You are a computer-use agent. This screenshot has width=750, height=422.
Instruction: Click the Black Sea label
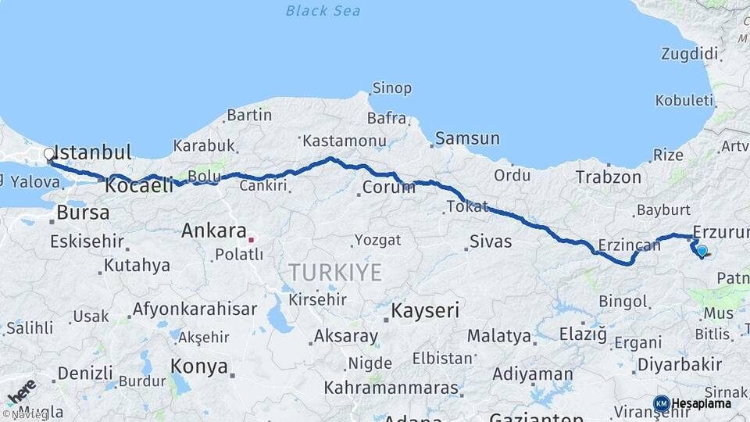tap(323, 11)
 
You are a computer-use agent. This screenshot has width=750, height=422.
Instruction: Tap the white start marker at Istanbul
tap(48, 155)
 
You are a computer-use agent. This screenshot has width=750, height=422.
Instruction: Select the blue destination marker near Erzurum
tap(702, 251)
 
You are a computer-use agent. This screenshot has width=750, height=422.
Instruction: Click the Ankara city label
tap(214, 231)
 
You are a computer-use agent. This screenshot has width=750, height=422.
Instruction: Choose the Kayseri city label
tap(425, 310)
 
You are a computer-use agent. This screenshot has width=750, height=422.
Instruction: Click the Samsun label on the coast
tap(467, 139)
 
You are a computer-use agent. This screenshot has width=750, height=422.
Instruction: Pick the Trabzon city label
tap(608, 177)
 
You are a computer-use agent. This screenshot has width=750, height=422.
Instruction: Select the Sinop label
tap(391, 88)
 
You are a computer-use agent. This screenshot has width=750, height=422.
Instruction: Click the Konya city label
tap(199, 367)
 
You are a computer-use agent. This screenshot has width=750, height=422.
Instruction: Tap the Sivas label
tap(491, 241)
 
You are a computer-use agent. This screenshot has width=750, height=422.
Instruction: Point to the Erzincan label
tap(629, 245)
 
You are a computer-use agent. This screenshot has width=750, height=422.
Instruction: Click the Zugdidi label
tap(689, 54)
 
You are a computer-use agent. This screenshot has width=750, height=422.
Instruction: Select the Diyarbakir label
tap(679, 364)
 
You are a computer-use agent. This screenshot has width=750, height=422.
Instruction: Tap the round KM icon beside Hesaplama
tap(661, 403)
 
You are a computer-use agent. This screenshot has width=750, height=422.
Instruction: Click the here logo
tap(20, 392)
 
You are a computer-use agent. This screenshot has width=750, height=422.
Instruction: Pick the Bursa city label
tap(83, 213)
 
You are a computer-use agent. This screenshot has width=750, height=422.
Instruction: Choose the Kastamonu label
tap(345, 141)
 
